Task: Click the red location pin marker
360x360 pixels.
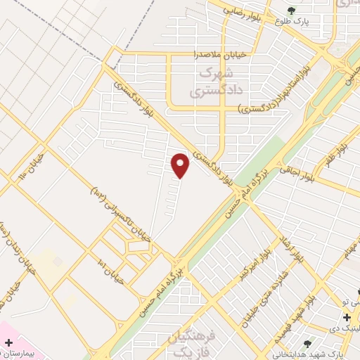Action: [181, 165]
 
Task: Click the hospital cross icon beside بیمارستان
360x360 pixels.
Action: [8, 343]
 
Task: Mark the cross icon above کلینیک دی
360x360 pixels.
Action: [348, 317]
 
